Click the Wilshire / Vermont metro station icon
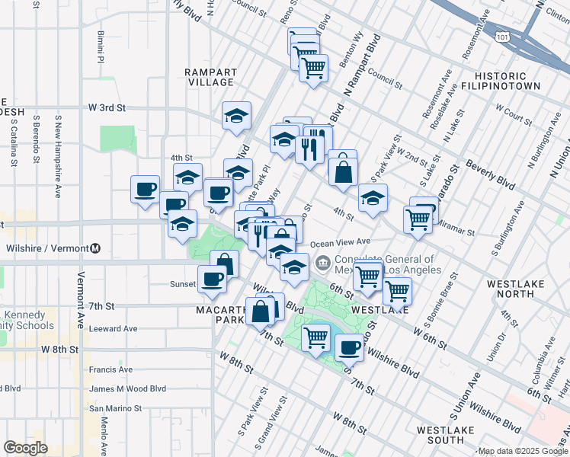[x=95, y=248]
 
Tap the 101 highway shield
[x=501, y=36]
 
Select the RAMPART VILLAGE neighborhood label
[x=210, y=77]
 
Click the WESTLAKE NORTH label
[x=516, y=289]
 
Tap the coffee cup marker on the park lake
[x=350, y=347]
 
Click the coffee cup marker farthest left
[x=145, y=189]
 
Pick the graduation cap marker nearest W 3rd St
[x=237, y=116]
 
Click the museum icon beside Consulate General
[x=323, y=264]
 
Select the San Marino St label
[x=116, y=408]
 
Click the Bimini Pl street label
[x=100, y=45]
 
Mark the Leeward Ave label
[x=113, y=329]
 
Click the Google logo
[x=26, y=448]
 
